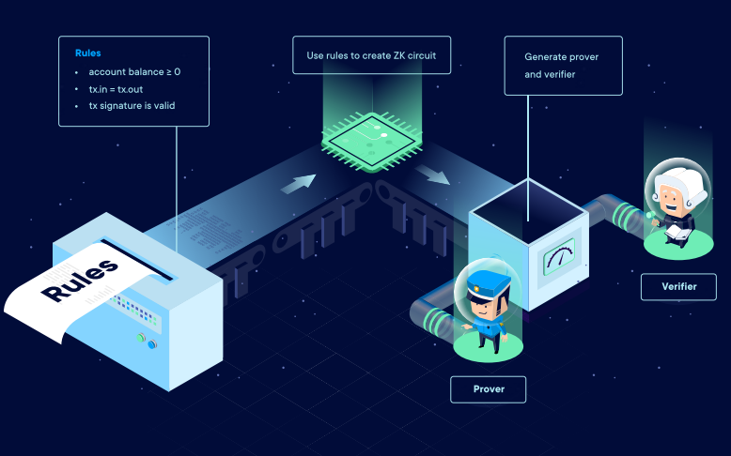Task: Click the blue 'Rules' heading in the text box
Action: point(88,53)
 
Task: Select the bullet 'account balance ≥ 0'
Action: point(134,72)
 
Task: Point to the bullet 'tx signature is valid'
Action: point(132,106)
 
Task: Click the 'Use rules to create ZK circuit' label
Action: point(371,55)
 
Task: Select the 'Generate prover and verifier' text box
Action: point(562,65)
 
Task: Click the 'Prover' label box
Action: point(488,388)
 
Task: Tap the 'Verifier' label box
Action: point(678,286)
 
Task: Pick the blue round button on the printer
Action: point(153,343)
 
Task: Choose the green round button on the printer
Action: point(142,336)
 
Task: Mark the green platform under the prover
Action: point(488,348)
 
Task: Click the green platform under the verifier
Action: point(678,246)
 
